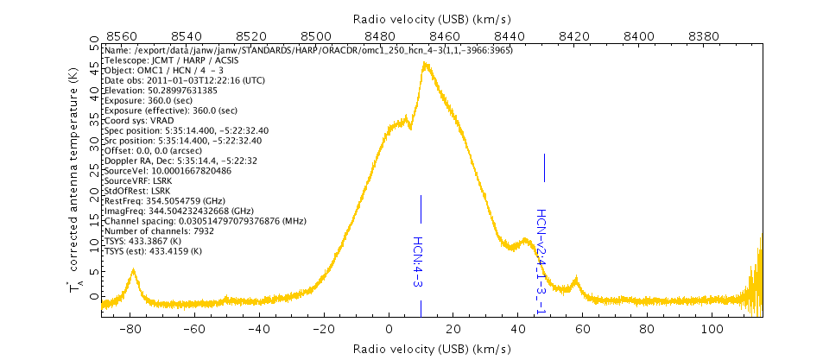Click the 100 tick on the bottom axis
pos(712,329)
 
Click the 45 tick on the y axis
pos(93,50)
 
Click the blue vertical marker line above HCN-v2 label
pos(544,167)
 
